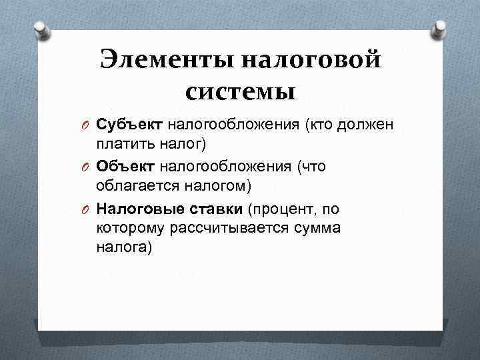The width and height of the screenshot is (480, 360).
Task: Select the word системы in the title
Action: (x=240, y=91)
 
